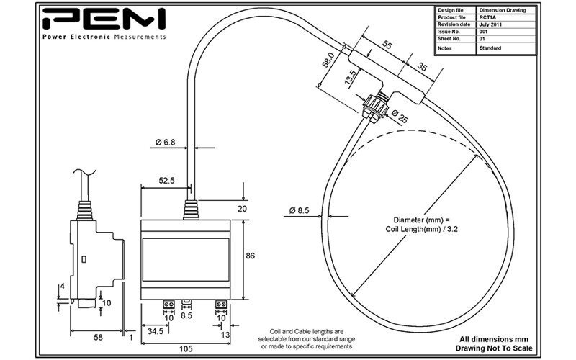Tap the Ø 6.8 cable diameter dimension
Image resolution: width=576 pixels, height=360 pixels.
click(165, 142)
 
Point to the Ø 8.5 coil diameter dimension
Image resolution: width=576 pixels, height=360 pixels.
click(299, 210)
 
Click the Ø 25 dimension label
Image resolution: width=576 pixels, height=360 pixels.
click(400, 117)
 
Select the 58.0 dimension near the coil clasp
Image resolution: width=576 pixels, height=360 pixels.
click(328, 60)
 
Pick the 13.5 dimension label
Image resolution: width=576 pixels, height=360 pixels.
click(350, 78)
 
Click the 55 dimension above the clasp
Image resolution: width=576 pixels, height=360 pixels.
click(387, 45)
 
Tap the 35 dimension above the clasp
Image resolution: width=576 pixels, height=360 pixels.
click(422, 67)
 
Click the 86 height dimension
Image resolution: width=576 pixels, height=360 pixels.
click(250, 256)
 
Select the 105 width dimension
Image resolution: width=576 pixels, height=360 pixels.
click(186, 348)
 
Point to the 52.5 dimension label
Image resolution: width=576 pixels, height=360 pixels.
click(166, 181)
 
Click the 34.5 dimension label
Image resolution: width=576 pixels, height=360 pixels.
click(156, 331)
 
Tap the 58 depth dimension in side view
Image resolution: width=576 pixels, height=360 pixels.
click(98, 337)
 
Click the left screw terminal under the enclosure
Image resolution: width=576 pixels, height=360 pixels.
click(169, 304)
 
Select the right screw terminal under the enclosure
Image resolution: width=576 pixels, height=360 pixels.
click(221, 304)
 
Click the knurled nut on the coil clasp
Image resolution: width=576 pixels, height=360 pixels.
click(375, 105)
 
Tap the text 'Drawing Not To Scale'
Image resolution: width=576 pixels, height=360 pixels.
click(494, 348)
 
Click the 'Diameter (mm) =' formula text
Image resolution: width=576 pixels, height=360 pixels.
click(421, 220)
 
